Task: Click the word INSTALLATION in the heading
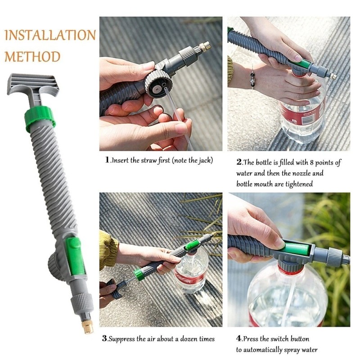pos(50,35)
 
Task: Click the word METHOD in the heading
pos(32,57)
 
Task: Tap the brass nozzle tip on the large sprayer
pos(88,326)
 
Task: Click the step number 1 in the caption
pos(107,160)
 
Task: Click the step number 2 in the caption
pos(239,162)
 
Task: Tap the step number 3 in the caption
pos(104,339)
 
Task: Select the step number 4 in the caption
pos(238,338)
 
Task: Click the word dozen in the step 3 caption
pos(188,339)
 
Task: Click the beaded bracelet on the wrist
pos(253,78)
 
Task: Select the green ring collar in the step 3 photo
pos(139,274)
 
